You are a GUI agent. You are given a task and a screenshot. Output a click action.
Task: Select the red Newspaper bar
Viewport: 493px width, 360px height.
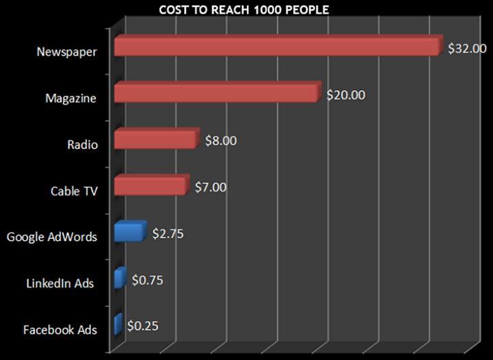276,47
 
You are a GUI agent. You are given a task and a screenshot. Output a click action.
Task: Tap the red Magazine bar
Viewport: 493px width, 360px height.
216,93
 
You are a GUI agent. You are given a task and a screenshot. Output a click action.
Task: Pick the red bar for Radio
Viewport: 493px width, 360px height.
155,140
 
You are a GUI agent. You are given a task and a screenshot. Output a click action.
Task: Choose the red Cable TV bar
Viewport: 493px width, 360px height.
149,185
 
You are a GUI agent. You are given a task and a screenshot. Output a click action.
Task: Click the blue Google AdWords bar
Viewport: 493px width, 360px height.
129,232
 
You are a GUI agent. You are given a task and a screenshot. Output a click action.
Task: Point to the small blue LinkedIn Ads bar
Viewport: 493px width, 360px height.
119,279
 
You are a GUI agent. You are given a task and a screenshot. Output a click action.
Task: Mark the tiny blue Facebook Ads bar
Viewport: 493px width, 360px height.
117,324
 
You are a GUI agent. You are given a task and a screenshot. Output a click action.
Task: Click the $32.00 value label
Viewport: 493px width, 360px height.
467,49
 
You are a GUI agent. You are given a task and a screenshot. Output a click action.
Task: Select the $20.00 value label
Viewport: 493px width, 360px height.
346,95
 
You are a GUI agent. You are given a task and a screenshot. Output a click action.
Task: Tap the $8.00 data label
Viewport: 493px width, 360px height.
221,141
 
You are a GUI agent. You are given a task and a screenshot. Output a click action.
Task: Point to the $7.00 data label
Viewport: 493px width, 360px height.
211,187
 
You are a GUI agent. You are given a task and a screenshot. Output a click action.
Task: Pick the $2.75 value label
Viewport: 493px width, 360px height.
168,233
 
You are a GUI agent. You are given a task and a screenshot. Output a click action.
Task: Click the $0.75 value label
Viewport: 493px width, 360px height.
147,280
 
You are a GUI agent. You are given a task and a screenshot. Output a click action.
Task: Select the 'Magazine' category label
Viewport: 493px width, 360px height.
71,99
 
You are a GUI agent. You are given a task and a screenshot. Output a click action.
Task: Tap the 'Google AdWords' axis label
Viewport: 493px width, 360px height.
52,237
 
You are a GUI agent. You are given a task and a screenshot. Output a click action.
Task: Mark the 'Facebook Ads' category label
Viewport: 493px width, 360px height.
60,330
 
